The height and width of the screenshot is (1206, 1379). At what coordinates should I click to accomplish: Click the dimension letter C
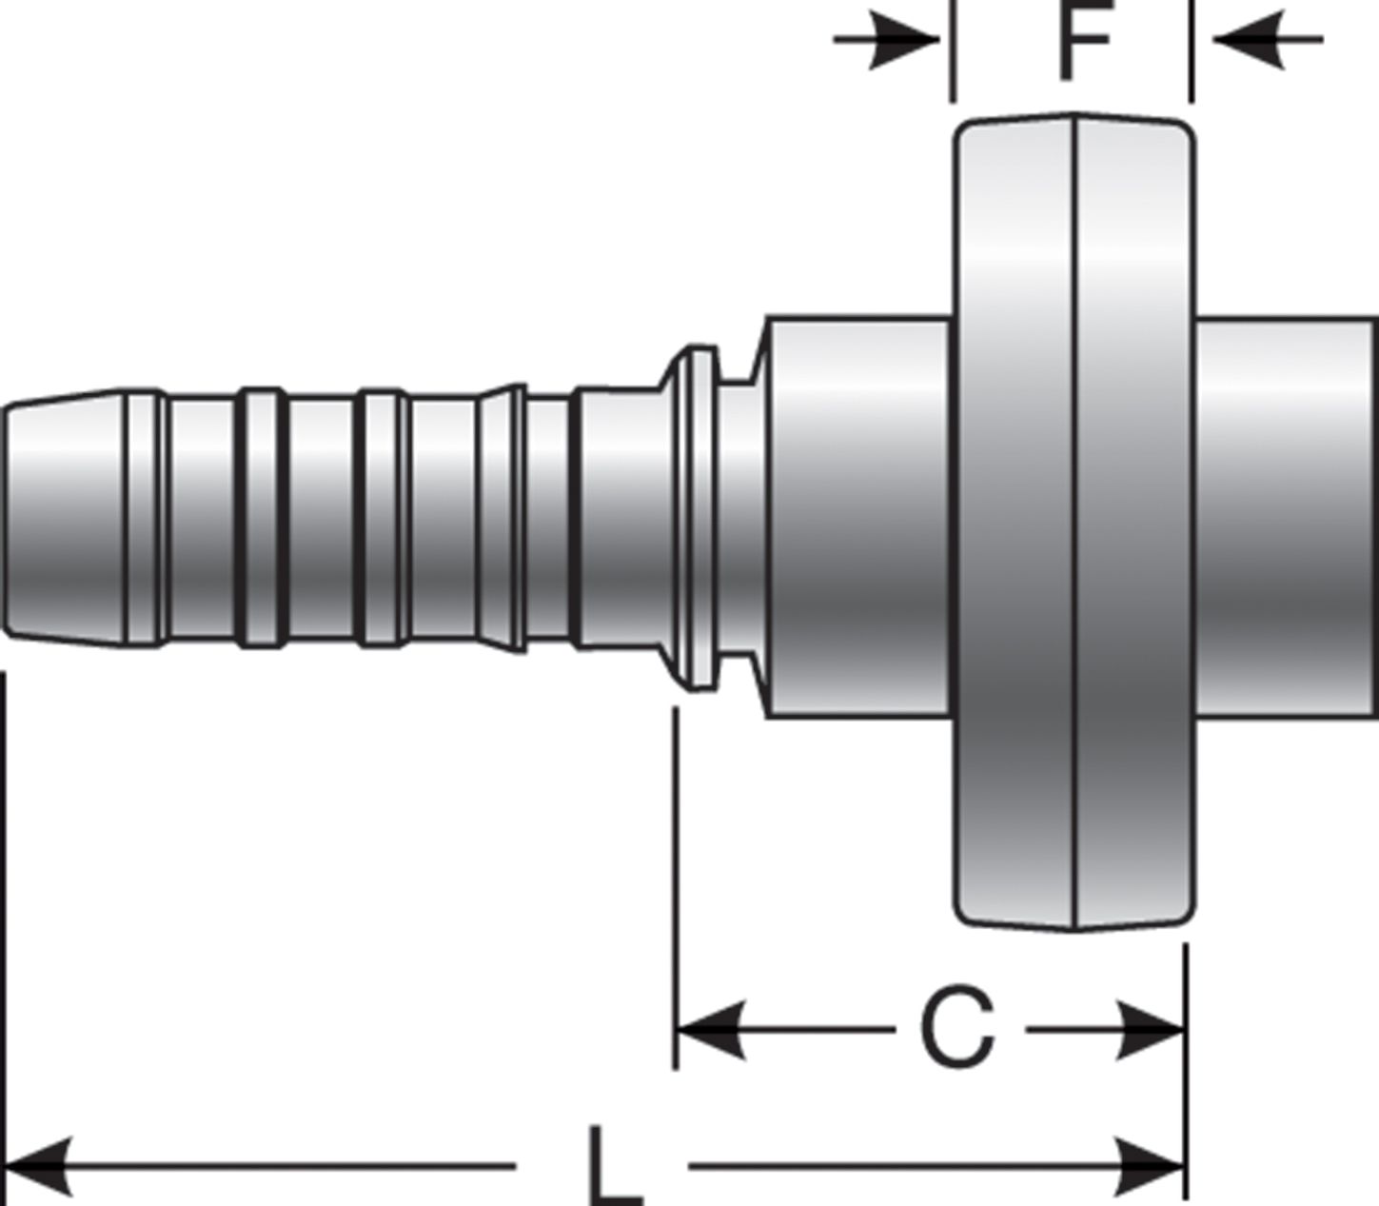(x=958, y=1030)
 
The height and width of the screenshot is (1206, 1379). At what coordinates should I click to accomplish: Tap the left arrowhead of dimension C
(x=709, y=1030)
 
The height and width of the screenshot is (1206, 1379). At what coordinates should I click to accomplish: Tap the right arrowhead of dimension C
(x=1152, y=1030)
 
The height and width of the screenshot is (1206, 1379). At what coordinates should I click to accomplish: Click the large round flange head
(x=1075, y=524)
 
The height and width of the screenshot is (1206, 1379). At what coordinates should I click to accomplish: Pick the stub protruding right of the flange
(x=1285, y=519)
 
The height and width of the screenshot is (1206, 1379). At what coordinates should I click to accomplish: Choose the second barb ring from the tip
(x=261, y=519)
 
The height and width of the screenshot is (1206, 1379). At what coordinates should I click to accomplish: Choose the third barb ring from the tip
(x=381, y=519)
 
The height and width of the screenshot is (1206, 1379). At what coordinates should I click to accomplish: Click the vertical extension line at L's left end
(x=6, y=904)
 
